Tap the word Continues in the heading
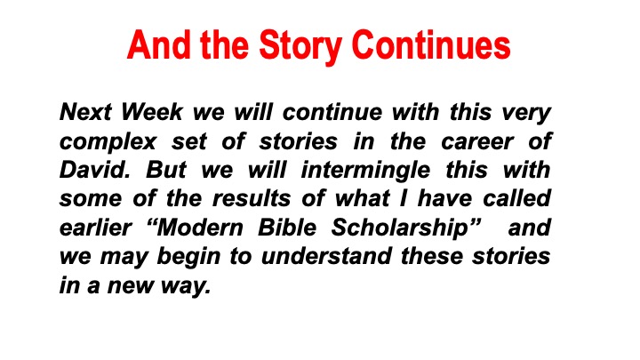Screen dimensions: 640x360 [x=430, y=44]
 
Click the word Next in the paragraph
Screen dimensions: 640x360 [x=85, y=111]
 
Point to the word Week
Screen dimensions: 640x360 [x=151, y=111]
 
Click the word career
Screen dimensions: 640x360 [x=477, y=141]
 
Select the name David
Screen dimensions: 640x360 [x=95, y=170]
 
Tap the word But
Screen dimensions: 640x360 [x=165, y=170]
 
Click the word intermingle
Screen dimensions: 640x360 [x=365, y=171]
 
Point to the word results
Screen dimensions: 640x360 [x=252, y=198]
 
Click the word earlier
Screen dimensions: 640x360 [x=95, y=228]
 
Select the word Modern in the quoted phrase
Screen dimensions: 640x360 [x=200, y=228]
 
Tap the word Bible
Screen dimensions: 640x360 [x=287, y=228]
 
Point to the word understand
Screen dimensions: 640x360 [x=326, y=256]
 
